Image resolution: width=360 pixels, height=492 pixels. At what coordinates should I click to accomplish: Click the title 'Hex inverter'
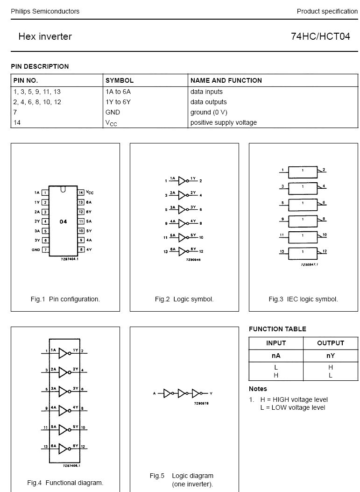click(x=45, y=36)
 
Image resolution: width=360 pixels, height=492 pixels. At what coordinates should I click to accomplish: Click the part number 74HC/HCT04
click(x=320, y=36)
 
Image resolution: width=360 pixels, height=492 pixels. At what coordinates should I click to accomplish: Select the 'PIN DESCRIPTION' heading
click(x=40, y=66)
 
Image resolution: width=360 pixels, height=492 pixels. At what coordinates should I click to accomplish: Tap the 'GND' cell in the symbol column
click(x=113, y=112)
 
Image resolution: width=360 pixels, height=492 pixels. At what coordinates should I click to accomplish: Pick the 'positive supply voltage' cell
click(x=223, y=122)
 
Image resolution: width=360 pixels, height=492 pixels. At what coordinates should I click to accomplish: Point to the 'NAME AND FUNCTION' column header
click(x=226, y=80)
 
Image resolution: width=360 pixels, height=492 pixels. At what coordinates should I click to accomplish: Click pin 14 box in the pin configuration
click(x=81, y=193)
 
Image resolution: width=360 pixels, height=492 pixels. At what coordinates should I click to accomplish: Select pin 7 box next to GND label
click(x=45, y=250)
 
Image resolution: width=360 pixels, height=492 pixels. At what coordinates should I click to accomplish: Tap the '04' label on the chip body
click(x=64, y=221)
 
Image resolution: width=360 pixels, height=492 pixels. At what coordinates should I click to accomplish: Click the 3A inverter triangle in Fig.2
click(x=182, y=210)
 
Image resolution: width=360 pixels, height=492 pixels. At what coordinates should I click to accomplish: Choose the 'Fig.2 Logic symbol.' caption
click(x=184, y=299)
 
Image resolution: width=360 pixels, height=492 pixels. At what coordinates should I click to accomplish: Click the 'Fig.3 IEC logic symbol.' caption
click(x=303, y=299)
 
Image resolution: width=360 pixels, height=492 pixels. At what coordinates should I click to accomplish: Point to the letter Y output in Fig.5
click(x=211, y=393)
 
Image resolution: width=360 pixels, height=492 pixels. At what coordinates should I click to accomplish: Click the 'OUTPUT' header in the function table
click(x=330, y=343)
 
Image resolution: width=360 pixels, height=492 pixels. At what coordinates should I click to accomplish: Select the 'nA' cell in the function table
click(x=276, y=356)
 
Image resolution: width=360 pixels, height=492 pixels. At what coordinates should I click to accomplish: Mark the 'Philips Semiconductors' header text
click(x=45, y=11)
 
